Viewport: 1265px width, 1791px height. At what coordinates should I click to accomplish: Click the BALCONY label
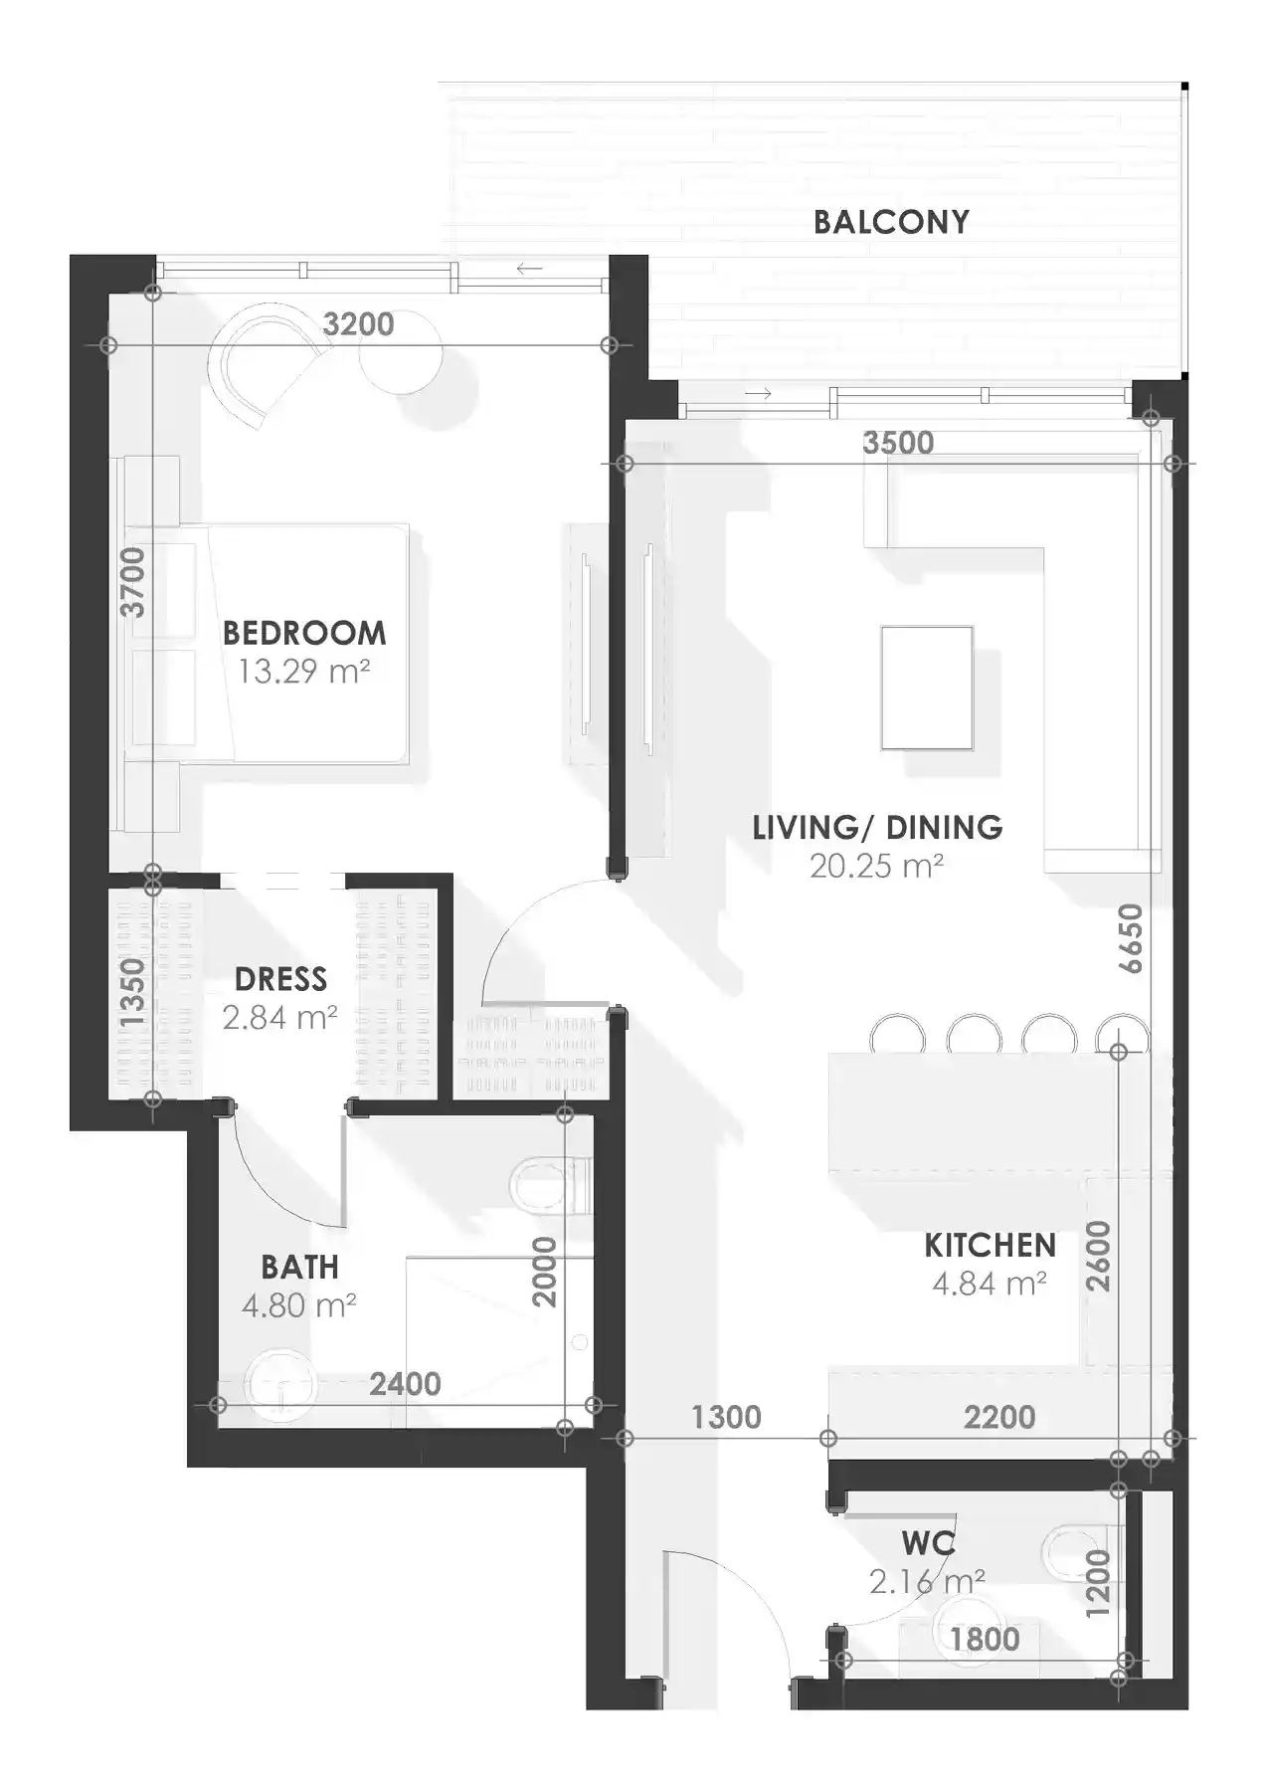890,222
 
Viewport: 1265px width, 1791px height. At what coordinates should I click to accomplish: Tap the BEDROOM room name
303,633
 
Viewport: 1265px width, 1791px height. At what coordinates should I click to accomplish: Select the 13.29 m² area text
303,672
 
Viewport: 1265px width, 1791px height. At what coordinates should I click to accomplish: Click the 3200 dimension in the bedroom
359,324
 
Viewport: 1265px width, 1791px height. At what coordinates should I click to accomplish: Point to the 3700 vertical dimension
132,582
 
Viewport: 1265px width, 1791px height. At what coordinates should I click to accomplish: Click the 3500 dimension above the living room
898,443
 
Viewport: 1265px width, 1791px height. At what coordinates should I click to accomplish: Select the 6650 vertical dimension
1131,938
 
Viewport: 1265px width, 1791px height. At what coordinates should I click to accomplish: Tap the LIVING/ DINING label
876,827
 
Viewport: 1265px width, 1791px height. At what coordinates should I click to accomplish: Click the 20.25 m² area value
876,867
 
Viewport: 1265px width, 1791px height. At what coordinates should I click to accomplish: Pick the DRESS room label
280,979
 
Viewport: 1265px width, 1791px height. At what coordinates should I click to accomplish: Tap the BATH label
299,1267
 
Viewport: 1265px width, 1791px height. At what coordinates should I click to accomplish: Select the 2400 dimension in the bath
405,1384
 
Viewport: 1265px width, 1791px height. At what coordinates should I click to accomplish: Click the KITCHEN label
990,1245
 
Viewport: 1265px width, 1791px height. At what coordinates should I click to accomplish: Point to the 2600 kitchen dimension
1097,1256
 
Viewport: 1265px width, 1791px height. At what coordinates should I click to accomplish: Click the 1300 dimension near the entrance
726,1417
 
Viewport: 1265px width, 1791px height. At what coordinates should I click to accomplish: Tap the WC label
928,1543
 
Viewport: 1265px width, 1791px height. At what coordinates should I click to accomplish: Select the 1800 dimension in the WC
985,1639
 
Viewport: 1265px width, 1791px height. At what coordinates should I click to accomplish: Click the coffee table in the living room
926,687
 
